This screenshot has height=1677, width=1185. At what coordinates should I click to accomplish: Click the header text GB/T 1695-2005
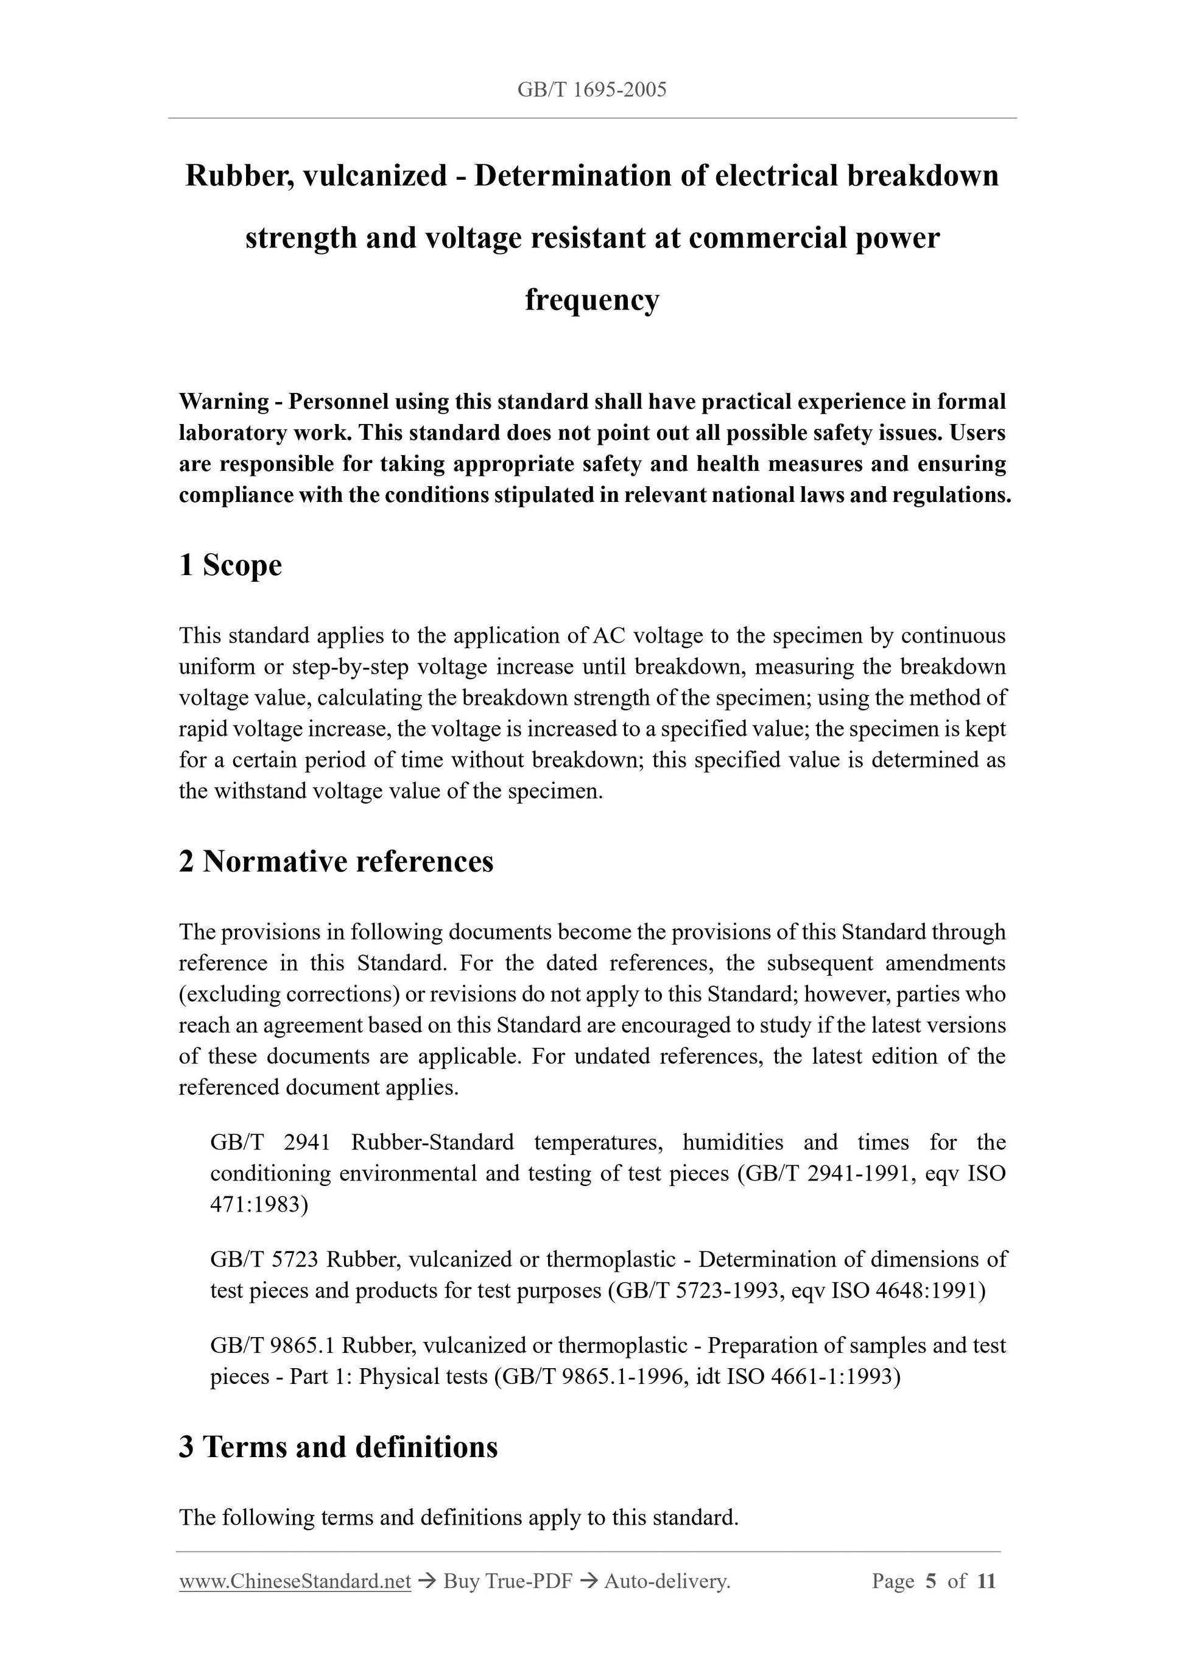[591, 90]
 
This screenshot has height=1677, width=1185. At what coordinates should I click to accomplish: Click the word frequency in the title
[591, 300]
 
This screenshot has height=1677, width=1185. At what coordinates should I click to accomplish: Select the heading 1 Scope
[230, 565]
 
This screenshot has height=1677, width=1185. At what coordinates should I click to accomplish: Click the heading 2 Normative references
[336, 861]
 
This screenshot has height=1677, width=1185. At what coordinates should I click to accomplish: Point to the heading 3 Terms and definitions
[338, 1447]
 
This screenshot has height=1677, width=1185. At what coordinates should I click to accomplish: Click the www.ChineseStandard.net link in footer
[295, 1581]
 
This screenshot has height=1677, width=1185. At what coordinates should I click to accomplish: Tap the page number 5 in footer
[930, 1581]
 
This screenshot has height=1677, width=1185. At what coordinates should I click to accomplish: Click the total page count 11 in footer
[986, 1581]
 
